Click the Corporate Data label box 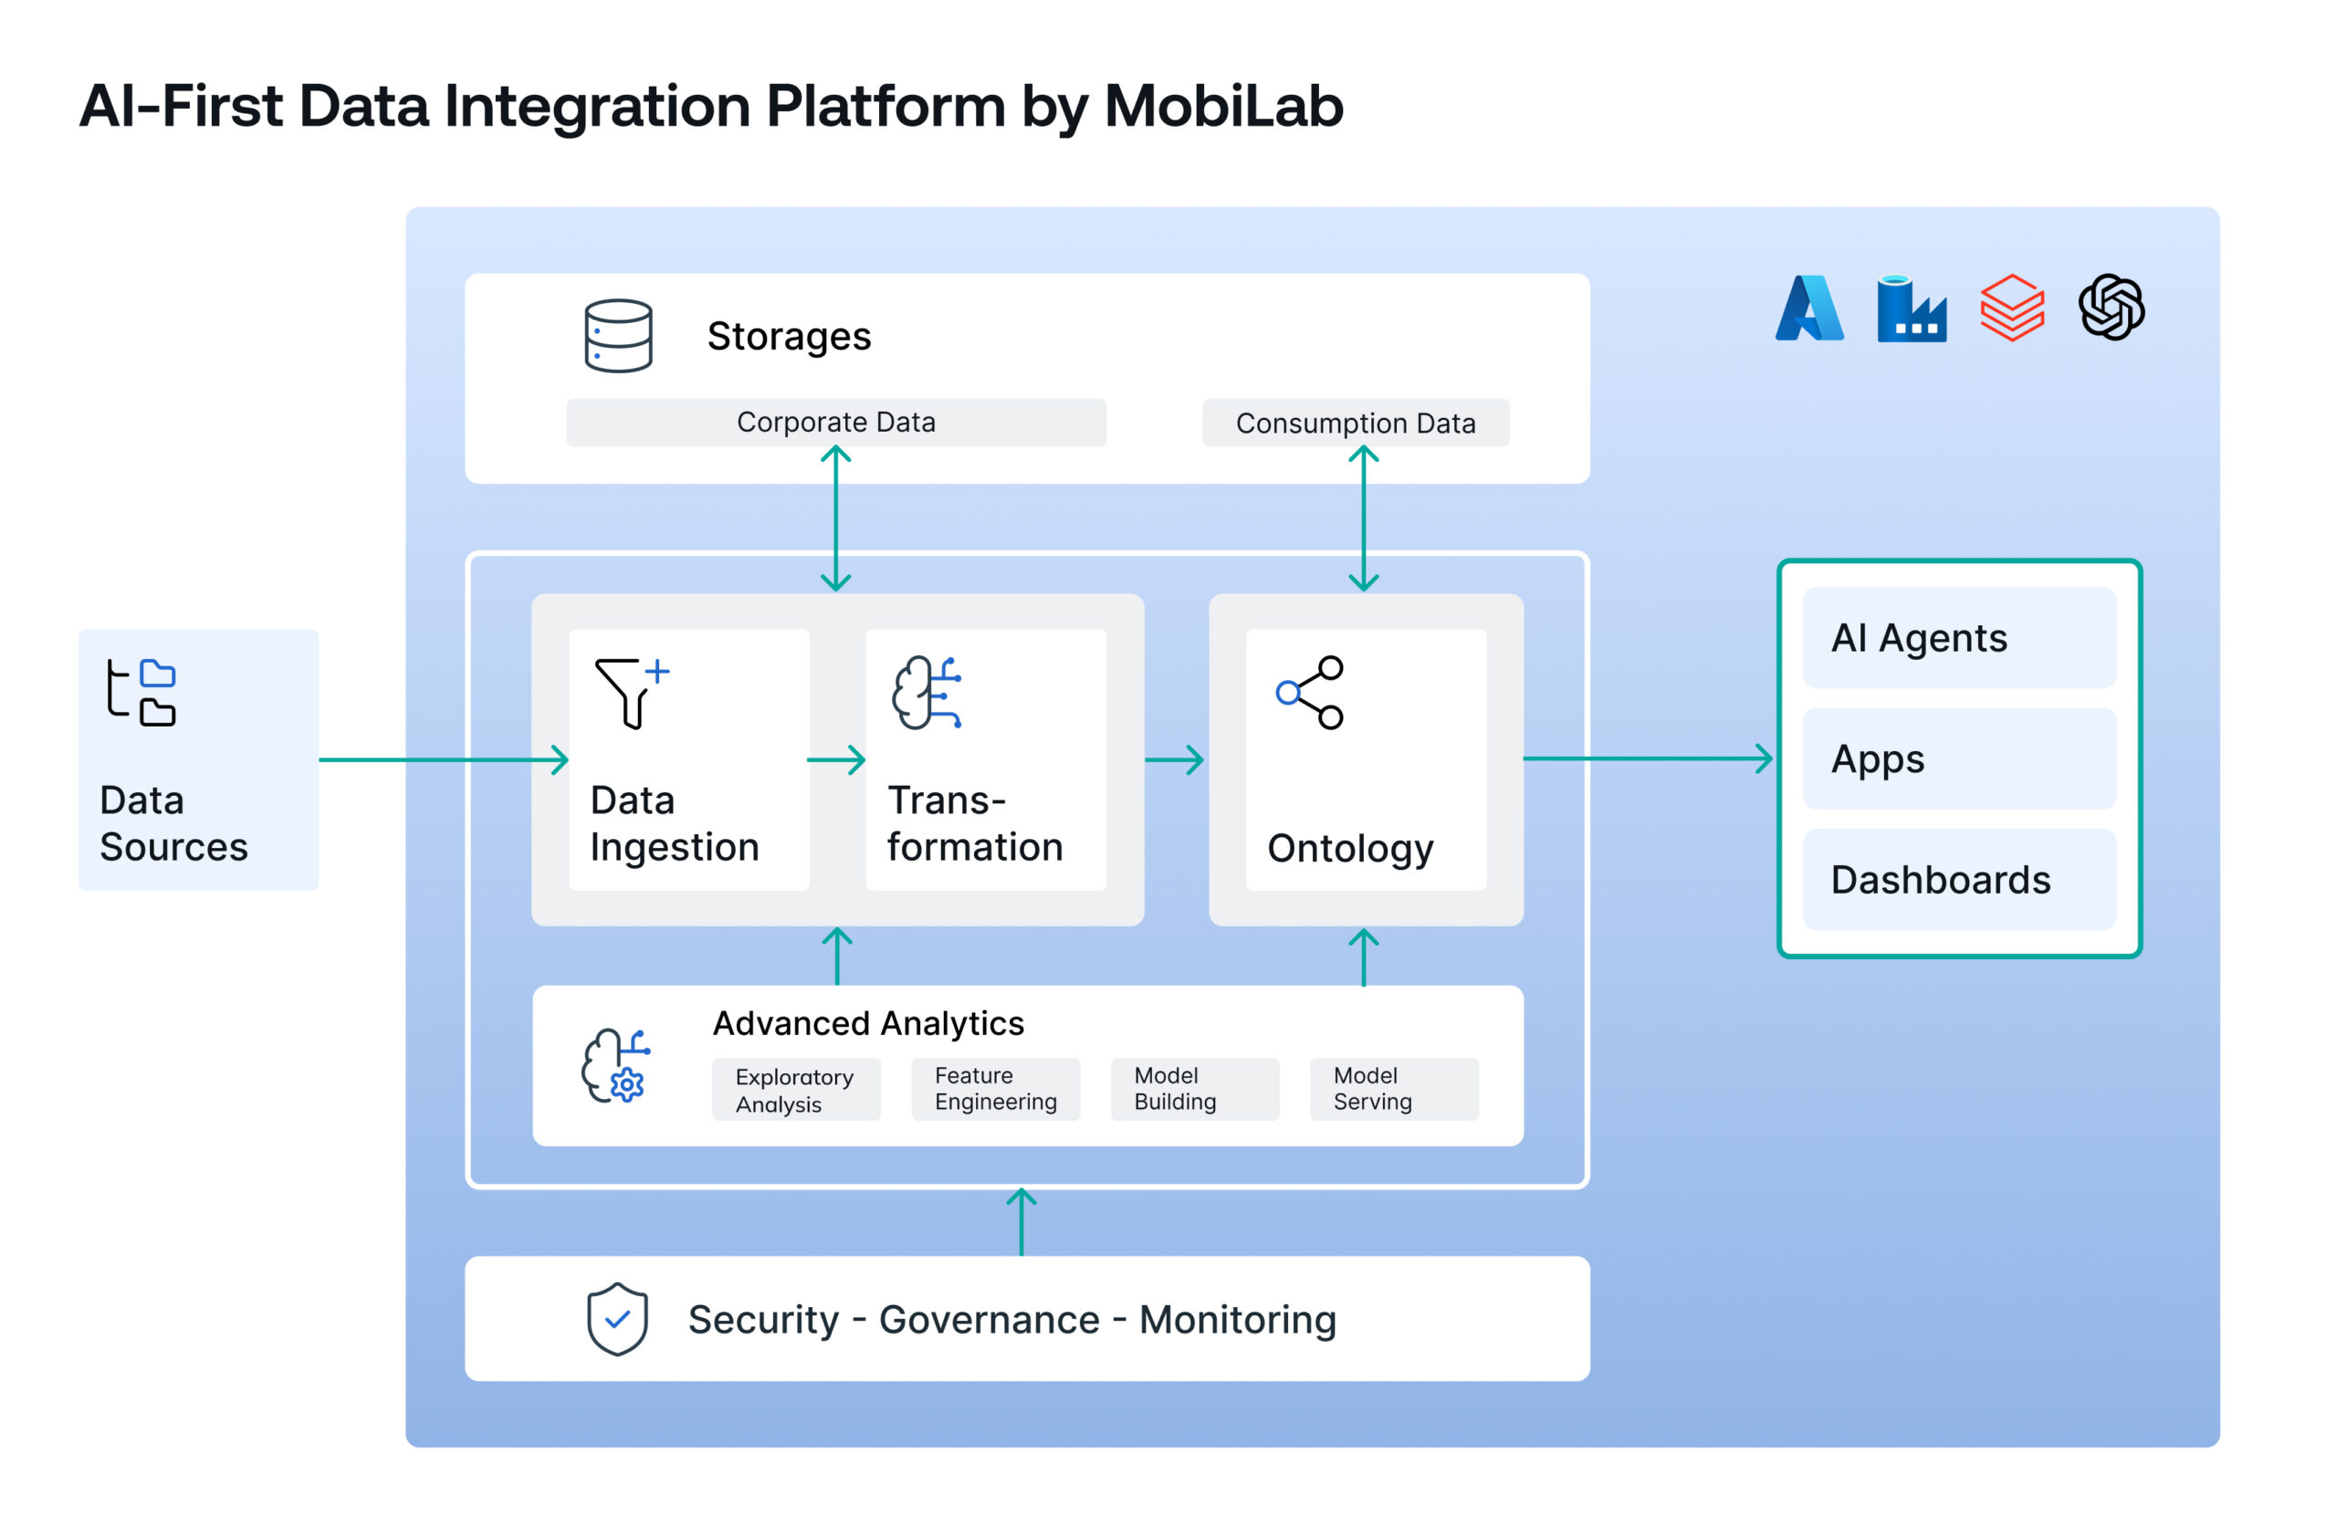(x=835, y=423)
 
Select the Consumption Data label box (x=1355, y=423)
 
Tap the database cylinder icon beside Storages (x=618, y=336)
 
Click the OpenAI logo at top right (x=2112, y=308)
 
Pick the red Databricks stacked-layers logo (x=2012, y=308)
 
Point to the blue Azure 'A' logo (x=1808, y=308)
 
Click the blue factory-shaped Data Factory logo (x=1911, y=308)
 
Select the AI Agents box (x=1959, y=638)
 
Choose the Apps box (x=1959, y=759)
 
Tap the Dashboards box (x=1959, y=880)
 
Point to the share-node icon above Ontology (x=1310, y=692)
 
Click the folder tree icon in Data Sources (x=141, y=692)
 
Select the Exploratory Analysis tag (x=795, y=1090)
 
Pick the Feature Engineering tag (x=995, y=1089)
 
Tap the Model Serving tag (x=1393, y=1089)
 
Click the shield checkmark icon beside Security (x=616, y=1319)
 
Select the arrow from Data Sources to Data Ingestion (x=442, y=759)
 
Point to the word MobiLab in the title (x=1222, y=106)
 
